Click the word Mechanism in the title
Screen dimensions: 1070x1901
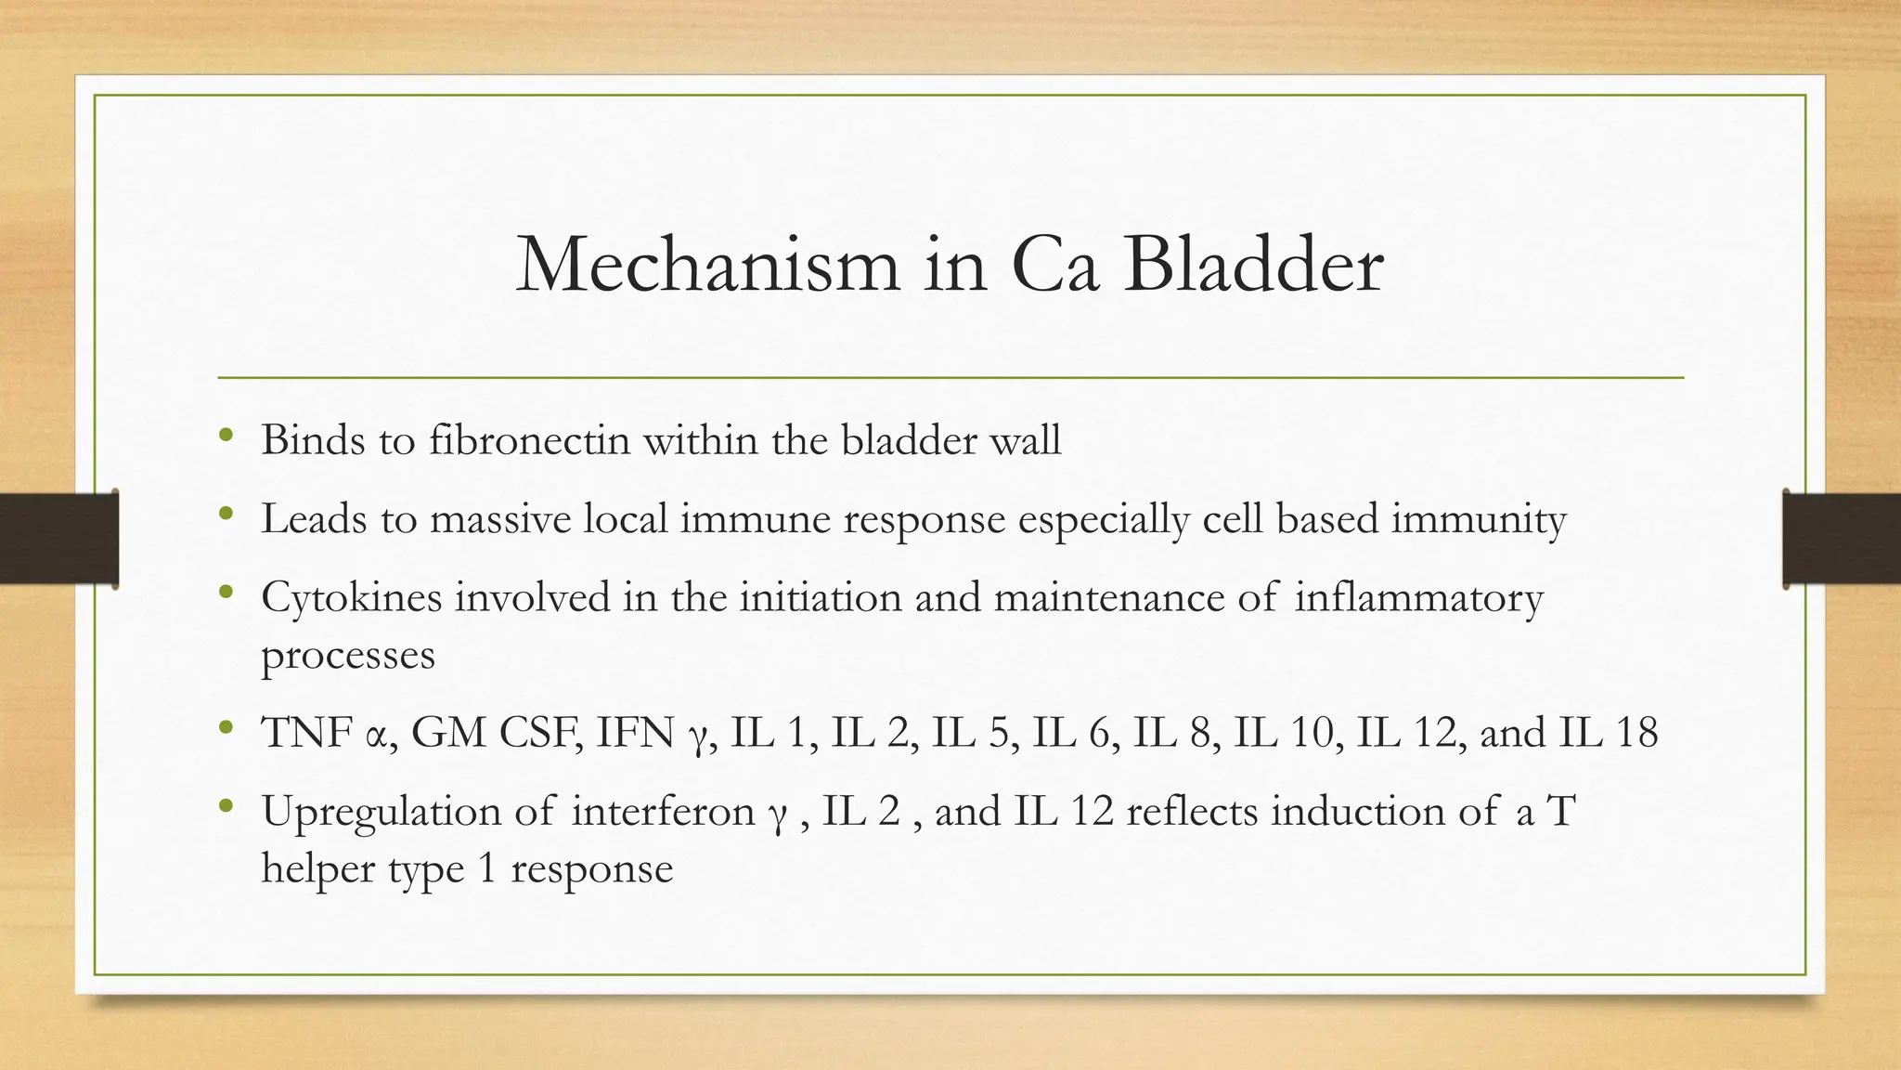click(707, 266)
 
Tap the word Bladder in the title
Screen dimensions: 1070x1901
click(1253, 266)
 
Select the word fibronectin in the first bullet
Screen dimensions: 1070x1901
click(529, 439)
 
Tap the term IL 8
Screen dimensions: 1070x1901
click(1175, 733)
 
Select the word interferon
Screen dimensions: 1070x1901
click(663, 812)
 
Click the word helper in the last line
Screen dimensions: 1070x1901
click(317, 869)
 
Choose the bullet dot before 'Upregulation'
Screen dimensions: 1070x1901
click(226, 806)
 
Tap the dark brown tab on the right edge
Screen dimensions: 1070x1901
click(1842, 539)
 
